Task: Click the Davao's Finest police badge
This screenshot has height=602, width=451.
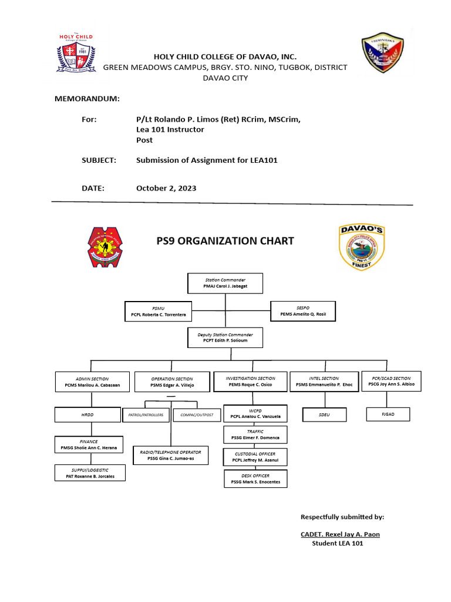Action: click(x=362, y=247)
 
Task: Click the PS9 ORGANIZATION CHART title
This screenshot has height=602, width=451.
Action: click(x=225, y=241)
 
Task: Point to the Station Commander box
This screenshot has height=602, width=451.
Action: click(x=225, y=283)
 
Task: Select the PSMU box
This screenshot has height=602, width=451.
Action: click(x=158, y=312)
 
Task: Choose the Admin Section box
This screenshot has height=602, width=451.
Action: click(x=92, y=382)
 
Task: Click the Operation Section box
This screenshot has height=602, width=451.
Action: click(x=171, y=382)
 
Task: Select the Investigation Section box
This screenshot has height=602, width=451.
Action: click(x=250, y=382)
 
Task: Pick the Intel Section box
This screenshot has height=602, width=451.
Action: click(x=324, y=382)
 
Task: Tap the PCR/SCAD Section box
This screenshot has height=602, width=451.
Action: click(x=391, y=381)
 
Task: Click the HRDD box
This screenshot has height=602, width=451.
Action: click(x=87, y=415)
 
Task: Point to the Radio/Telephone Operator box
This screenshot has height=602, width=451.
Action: click(x=170, y=455)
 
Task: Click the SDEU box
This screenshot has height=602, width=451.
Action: click(x=324, y=415)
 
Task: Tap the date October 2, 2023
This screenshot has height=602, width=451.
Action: click(x=166, y=189)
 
